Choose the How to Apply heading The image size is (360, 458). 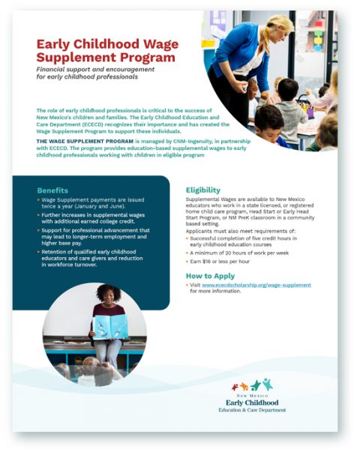[208, 276]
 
